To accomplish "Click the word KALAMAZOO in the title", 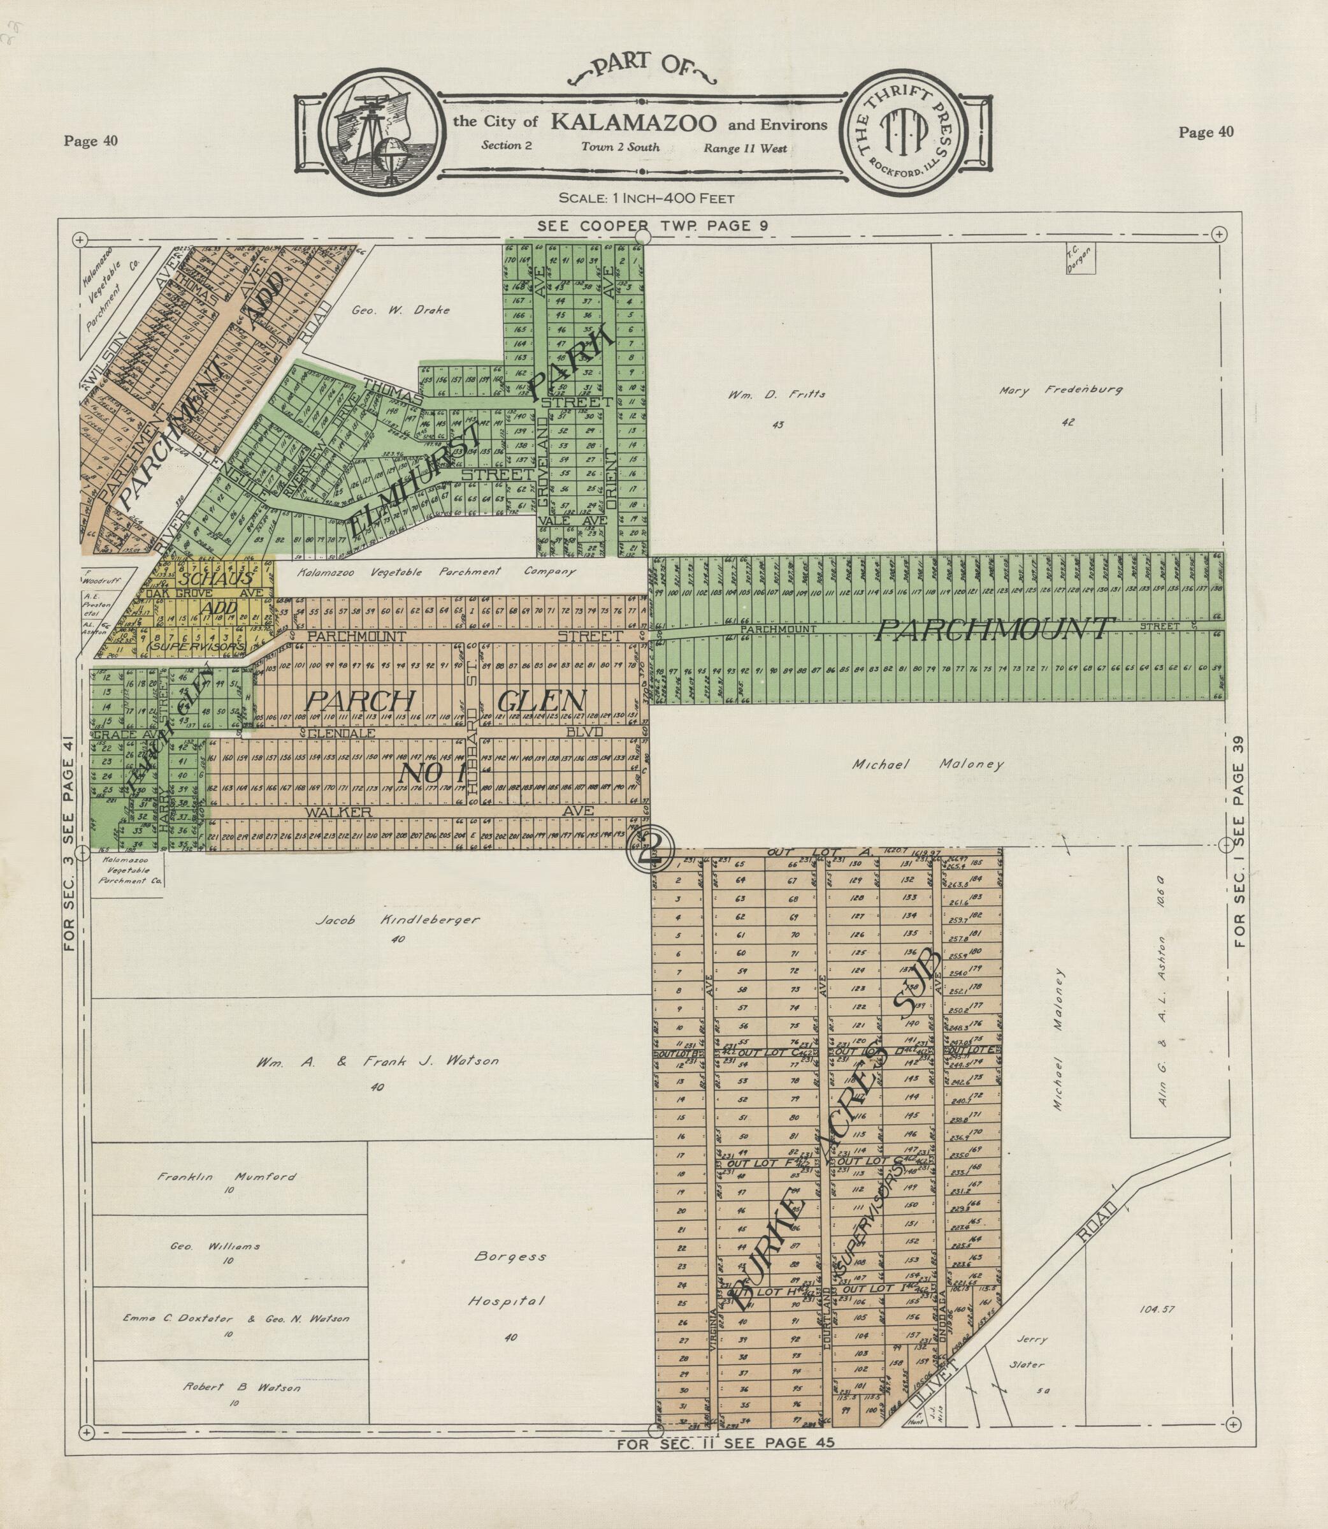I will (x=633, y=122).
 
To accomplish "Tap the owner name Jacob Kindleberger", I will (x=397, y=919).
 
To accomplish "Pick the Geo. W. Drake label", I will (x=400, y=310).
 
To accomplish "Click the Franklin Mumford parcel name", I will (x=227, y=1176).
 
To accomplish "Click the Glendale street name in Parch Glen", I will (x=342, y=733).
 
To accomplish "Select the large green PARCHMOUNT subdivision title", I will (x=993, y=629).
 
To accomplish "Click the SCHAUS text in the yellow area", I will (x=215, y=578).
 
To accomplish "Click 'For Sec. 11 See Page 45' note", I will (x=726, y=1442).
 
